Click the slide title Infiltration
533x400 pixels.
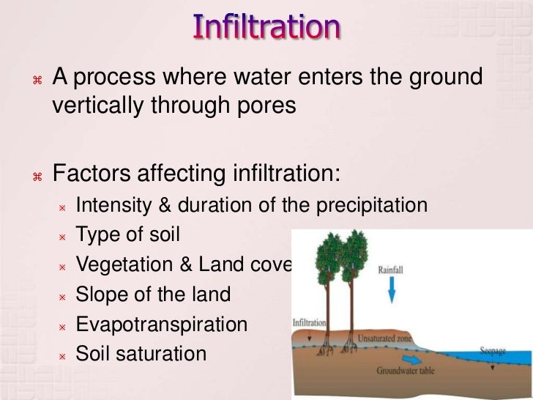click(266, 27)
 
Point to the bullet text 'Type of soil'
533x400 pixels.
click(127, 235)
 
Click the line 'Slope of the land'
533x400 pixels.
click(153, 295)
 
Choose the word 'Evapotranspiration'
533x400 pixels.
click(161, 325)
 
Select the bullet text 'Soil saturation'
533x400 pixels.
click(141, 354)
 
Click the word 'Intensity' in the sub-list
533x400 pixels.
click(113, 206)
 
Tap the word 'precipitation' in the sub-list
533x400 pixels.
click(371, 206)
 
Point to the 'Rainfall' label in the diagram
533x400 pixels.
click(390, 270)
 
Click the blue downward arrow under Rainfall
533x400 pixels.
click(391, 291)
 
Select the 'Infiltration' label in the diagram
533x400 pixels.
click(309, 322)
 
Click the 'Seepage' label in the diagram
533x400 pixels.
click(491, 349)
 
